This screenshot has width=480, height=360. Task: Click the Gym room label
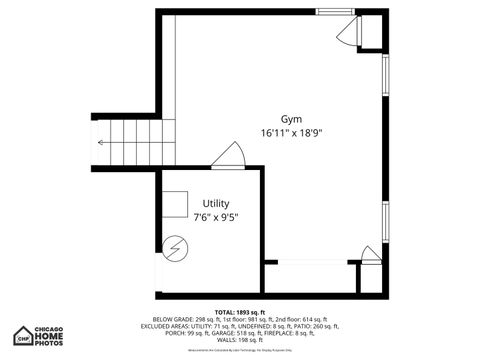point(292,118)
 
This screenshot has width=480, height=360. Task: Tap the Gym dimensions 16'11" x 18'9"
point(292,132)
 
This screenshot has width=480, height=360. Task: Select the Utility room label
point(215,203)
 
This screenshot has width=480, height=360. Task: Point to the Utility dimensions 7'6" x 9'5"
point(215,217)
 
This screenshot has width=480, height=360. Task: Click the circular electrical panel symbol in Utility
point(175,247)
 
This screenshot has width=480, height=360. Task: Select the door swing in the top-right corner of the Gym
point(346,34)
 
